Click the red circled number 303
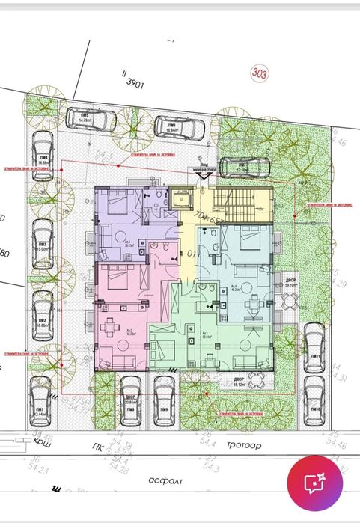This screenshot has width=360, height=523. [x=260, y=74]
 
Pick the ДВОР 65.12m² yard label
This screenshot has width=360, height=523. [x=240, y=383]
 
